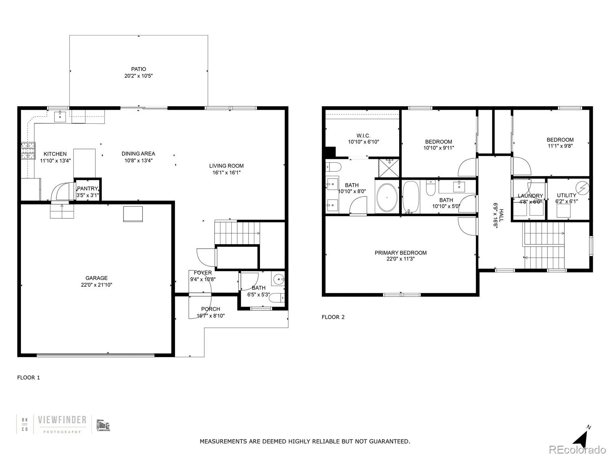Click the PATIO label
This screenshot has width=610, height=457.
coord(138,69)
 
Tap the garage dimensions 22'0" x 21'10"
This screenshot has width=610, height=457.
coord(96,285)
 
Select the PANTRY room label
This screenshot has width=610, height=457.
coord(87,189)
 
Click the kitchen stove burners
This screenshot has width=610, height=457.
coord(27,150)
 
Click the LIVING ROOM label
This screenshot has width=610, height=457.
coord(226,166)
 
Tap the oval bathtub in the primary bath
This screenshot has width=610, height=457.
coord(387,198)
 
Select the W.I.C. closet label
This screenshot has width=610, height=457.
coord(363,136)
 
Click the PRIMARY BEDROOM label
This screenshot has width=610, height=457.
coord(400,252)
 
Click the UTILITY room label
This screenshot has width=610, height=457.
coord(567,195)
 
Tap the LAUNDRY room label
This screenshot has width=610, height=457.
coord(530,196)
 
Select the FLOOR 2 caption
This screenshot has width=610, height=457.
coord(333,317)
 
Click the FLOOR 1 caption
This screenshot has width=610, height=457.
coord(29,377)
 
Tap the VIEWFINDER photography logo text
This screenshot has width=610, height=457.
coord(62,420)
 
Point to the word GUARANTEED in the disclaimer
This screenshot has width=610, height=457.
coord(389,441)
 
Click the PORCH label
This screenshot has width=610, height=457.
coord(210,309)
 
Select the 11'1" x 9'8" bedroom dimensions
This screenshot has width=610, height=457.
coord(560,146)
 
